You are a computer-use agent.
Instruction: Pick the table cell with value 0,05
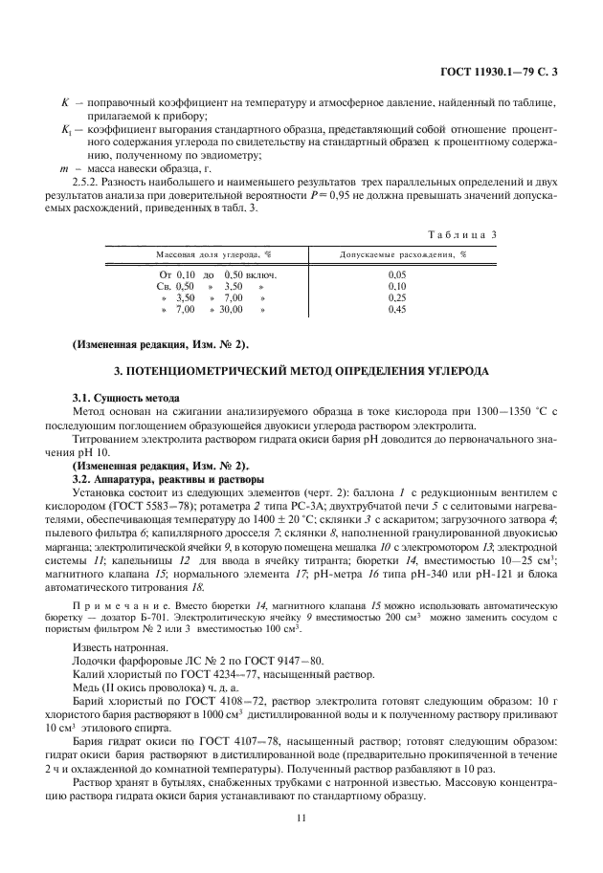point(397,274)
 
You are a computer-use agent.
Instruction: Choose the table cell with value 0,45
point(397,310)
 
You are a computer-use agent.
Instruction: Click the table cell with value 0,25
point(397,298)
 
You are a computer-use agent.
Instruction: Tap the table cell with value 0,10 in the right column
point(397,286)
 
